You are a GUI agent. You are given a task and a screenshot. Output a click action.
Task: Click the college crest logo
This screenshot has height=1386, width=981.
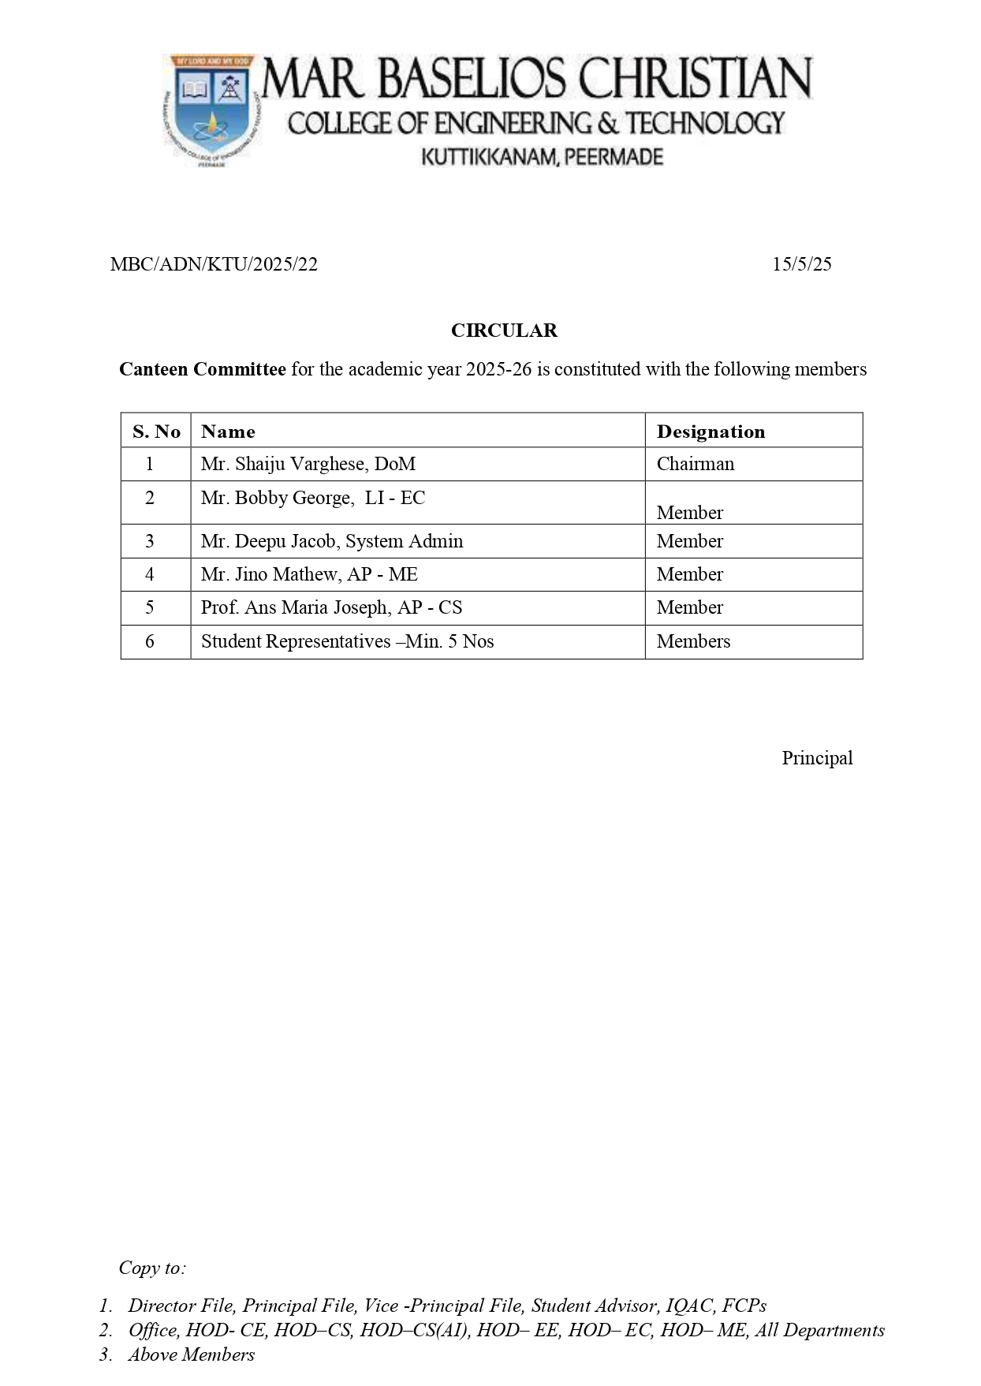[x=211, y=110]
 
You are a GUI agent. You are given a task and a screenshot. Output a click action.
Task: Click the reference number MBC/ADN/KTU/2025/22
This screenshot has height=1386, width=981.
[x=214, y=264]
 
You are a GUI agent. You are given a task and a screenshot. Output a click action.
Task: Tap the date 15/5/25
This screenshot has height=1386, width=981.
[x=801, y=264]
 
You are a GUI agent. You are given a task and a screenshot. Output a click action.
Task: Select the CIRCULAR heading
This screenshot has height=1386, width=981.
[x=504, y=331]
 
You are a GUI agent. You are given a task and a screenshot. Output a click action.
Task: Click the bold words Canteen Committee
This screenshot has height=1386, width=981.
[x=202, y=369]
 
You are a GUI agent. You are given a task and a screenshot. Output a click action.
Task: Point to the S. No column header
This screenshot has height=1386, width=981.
[x=156, y=431]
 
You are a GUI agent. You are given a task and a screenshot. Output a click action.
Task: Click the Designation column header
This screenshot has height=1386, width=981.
[x=711, y=431]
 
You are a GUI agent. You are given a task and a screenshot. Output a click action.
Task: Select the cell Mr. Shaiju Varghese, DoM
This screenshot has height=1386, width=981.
[x=308, y=464]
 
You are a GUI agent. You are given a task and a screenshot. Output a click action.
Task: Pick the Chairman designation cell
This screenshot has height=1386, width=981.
[x=695, y=464]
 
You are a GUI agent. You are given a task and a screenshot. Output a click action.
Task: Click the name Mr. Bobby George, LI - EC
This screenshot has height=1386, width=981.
[x=312, y=498]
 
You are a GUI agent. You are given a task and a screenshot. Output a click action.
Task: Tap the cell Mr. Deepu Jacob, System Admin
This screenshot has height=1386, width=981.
[x=331, y=541]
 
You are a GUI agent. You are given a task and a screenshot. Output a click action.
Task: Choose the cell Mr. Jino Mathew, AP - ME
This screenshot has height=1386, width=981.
[x=309, y=574]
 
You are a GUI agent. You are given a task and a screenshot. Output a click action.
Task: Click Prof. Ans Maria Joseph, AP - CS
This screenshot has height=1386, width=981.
[x=331, y=607]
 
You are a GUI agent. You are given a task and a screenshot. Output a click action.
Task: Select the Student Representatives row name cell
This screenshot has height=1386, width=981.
[x=347, y=641]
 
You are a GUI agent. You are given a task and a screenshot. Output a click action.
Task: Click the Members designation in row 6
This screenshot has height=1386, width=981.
[x=693, y=641]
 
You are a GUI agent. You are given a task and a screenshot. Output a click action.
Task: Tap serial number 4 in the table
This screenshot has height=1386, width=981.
[x=149, y=574]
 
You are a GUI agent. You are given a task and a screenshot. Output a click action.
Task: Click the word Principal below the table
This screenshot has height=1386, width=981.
[x=817, y=758]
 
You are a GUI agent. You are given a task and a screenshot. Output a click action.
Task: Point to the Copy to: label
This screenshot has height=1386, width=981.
[x=152, y=1268]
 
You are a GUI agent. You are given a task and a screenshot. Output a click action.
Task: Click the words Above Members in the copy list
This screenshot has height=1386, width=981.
[x=191, y=1354]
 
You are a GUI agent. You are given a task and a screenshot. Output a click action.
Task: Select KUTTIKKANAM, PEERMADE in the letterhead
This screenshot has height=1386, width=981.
[x=542, y=157]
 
